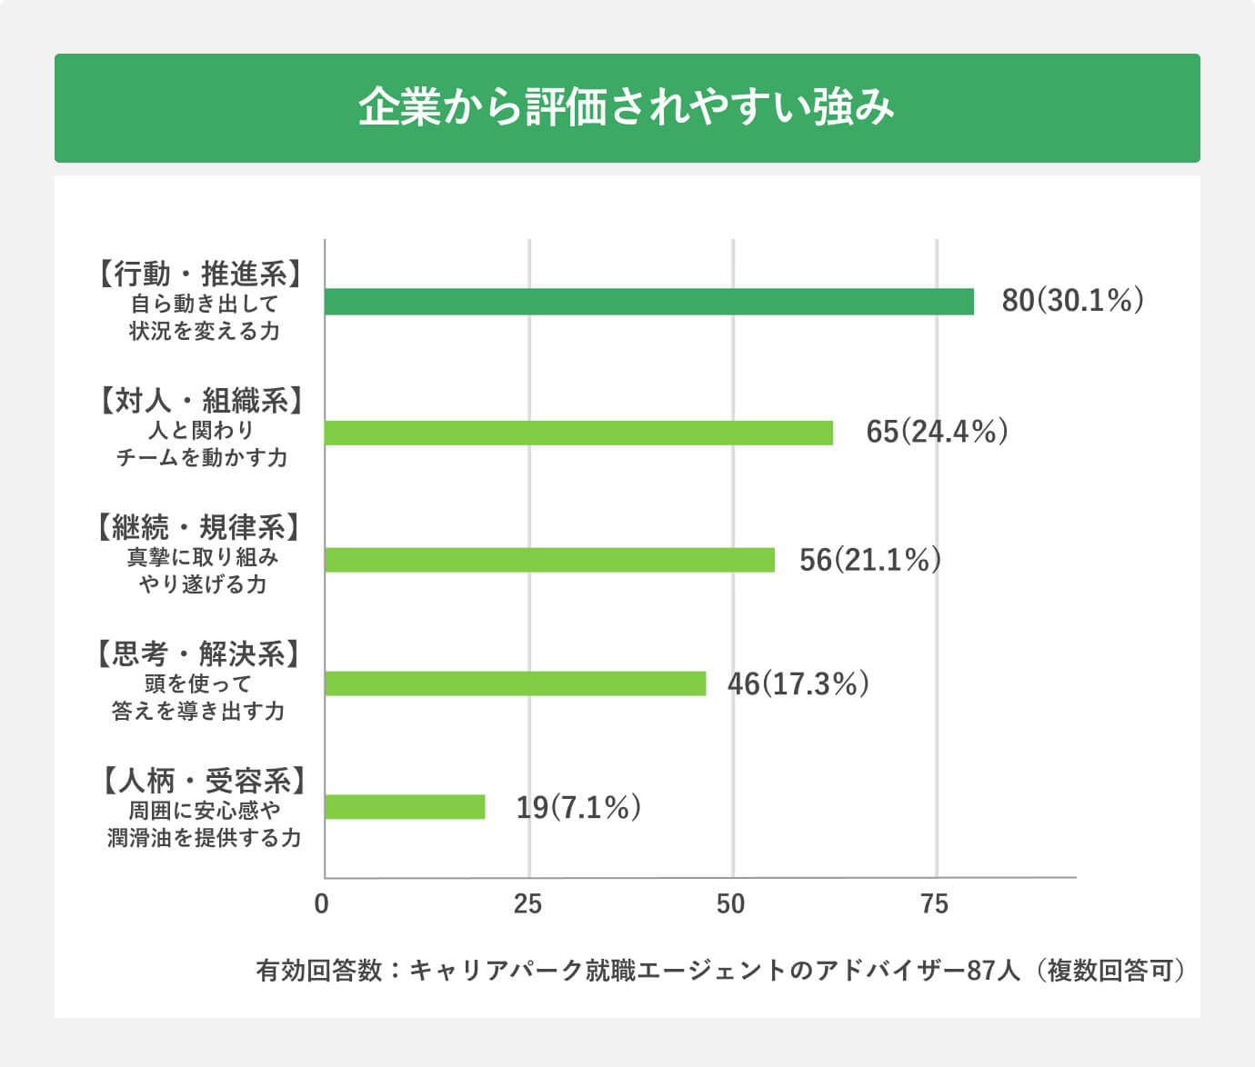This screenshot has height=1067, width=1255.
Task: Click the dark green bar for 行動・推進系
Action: [648, 302]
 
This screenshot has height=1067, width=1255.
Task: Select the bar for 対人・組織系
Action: [578, 433]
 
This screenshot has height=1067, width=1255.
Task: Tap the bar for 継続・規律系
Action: [549, 559]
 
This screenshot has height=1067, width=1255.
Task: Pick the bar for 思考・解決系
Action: [515, 683]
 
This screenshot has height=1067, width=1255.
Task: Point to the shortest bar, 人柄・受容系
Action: [405, 807]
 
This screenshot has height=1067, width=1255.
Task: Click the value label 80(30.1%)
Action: [1072, 301]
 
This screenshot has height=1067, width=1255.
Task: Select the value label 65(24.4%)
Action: [937, 432]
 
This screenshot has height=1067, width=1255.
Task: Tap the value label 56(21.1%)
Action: [869, 560]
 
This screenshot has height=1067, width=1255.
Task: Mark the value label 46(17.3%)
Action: [798, 683]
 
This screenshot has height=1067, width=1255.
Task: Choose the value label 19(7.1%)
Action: [578, 807]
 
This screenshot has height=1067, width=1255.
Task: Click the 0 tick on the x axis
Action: [321, 904]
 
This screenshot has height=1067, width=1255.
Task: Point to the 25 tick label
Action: [527, 904]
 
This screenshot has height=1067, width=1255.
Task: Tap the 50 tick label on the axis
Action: [731, 904]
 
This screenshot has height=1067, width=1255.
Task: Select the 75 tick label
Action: [935, 904]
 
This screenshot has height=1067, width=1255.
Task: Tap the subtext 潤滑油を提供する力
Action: [204, 837]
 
